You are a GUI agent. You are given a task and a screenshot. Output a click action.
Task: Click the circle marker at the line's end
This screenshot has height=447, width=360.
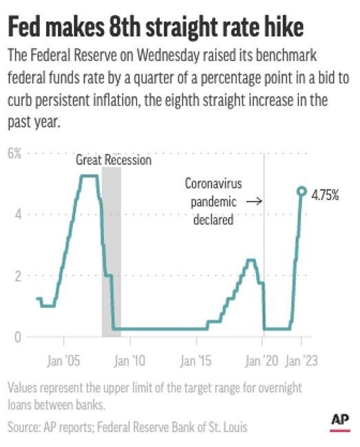tap(301, 191)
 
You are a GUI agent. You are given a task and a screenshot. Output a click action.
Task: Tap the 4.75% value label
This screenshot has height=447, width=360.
tap(325, 195)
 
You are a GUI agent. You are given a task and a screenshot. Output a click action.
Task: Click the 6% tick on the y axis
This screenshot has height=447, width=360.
tap(14, 153)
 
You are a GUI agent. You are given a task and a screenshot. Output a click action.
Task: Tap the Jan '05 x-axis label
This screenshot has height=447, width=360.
tap(64, 360)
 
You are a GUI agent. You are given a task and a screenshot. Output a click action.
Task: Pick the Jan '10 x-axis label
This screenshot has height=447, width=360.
tap(130, 360)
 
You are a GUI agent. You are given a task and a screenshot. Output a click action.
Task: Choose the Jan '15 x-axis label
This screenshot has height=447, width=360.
tap(197, 360)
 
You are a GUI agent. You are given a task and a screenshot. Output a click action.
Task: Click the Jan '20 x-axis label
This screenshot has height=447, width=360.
tap(262, 360)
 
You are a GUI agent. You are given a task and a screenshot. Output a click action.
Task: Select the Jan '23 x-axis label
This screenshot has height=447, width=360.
tap(301, 360)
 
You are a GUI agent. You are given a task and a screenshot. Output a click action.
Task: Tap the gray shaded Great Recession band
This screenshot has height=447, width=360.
tap(111, 261)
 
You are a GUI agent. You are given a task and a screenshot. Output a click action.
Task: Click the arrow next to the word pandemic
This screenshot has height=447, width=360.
tap(253, 202)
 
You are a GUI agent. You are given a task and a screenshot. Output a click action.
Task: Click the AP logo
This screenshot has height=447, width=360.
tap(340, 421)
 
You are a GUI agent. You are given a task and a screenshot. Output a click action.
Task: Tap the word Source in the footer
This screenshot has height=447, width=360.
tap(25, 427)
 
